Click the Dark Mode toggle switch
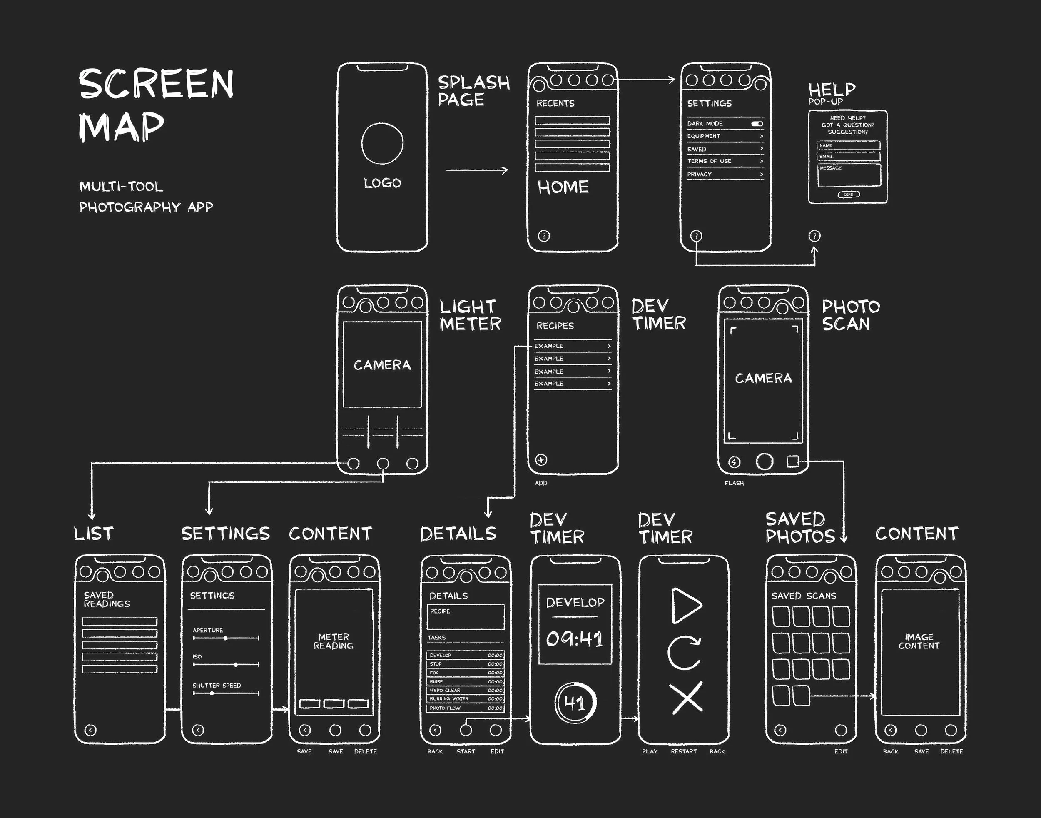coord(757,124)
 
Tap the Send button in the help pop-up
coord(849,195)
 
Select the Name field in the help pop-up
coord(848,145)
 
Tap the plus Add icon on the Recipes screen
coord(541,460)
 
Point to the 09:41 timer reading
coord(575,639)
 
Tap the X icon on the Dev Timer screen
coord(686,697)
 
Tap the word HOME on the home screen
coord(563,187)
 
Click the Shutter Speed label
coord(217,685)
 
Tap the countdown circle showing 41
coord(575,703)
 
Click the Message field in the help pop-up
coord(849,175)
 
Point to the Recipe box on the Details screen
coord(466,617)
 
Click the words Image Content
coord(919,641)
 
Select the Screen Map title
coord(156,105)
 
